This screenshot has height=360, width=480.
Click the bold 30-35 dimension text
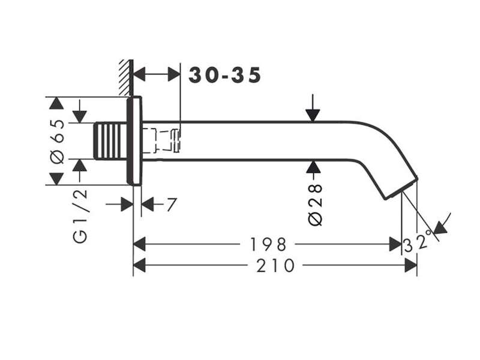click(x=224, y=76)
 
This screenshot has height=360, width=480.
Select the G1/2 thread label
click(x=80, y=216)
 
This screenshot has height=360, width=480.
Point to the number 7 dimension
click(x=172, y=205)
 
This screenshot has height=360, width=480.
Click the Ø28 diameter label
click(x=316, y=205)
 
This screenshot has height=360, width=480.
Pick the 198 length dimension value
click(x=268, y=244)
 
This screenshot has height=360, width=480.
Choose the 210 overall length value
click(x=275, y=265)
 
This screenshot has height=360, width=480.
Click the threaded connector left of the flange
click(x=110, y=141)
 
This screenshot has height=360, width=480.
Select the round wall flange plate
click(x=134, y=141)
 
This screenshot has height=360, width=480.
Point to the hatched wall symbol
click(x=126, y=78)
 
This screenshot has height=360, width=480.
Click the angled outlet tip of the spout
click(x=401, y=188)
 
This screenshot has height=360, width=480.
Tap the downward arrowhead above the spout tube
click(x=313, y=115)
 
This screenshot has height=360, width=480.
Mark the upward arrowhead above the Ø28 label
click(x=313, y=167)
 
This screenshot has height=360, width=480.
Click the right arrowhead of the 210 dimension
click(x=410, y=265)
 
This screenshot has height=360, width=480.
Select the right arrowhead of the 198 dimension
click(x=395, y=244)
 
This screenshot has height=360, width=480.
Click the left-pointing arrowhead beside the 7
click(x=148, y=205)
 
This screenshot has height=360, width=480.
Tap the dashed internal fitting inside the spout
click(x=161, y=141)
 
